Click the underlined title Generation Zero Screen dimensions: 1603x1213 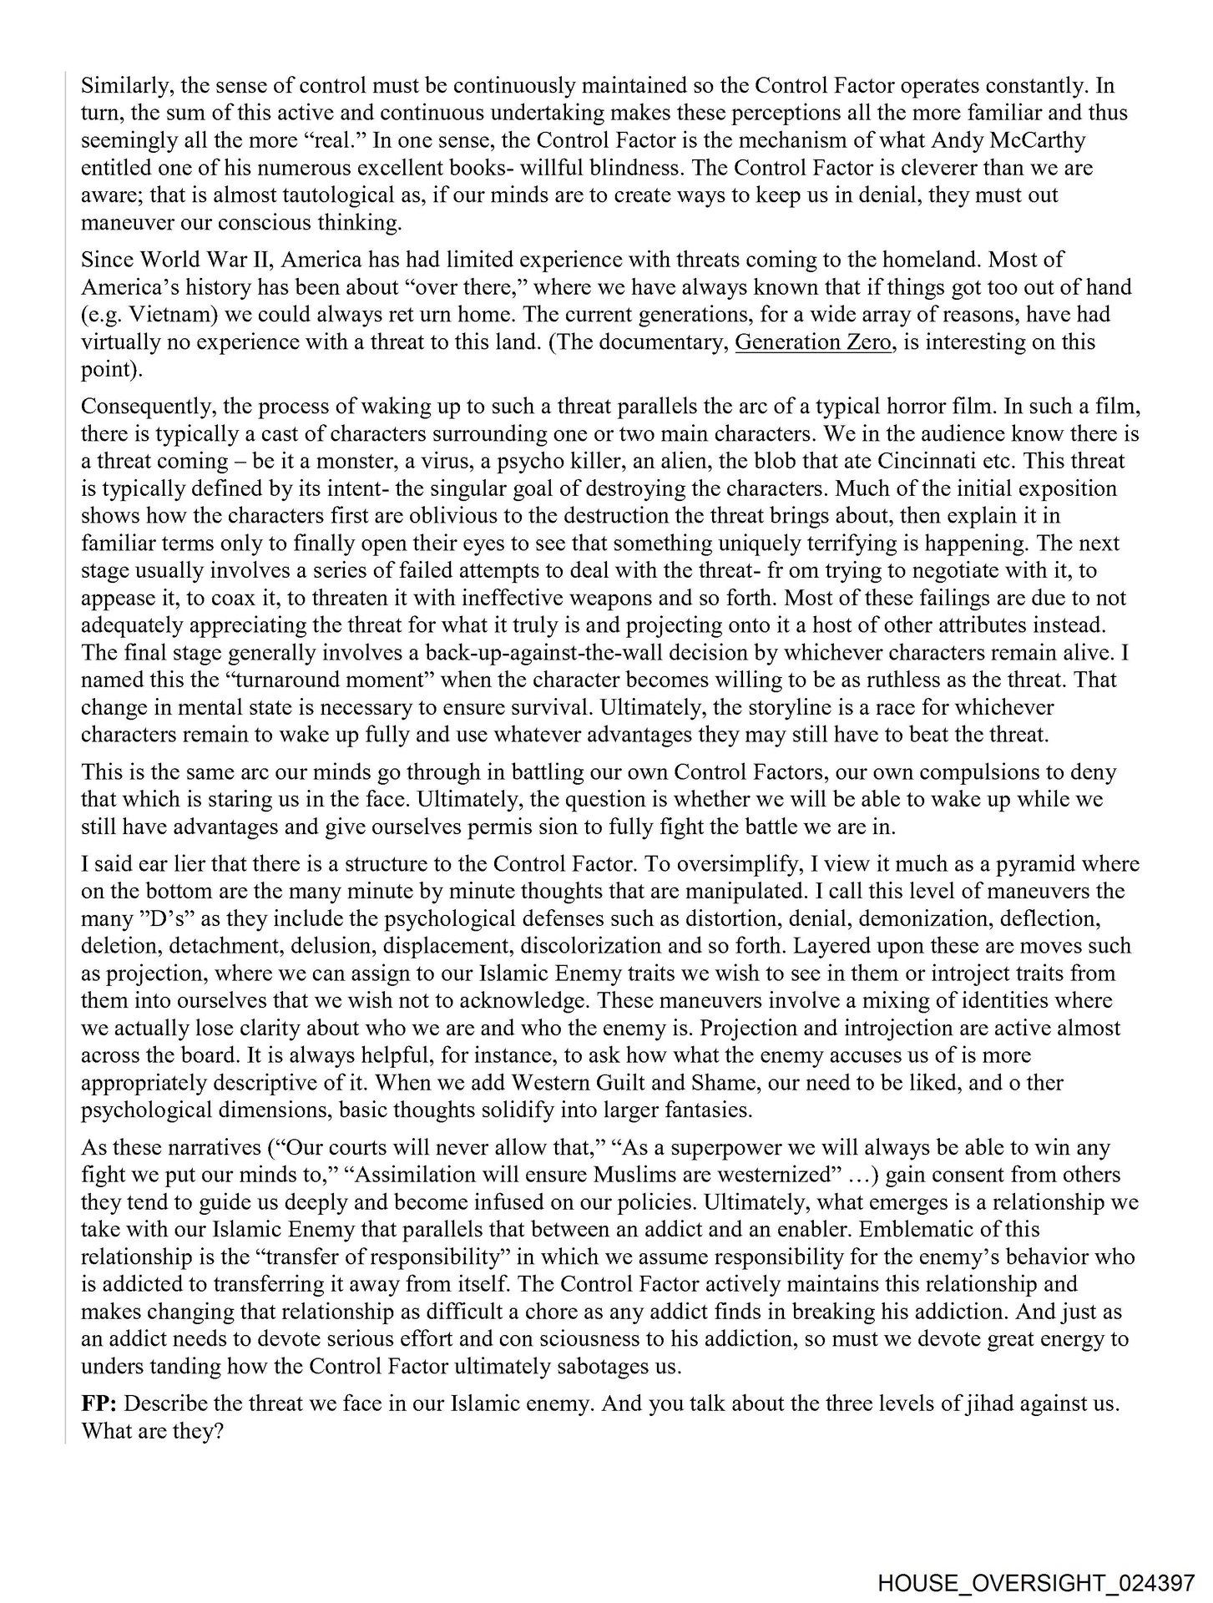click(x=812, y=342)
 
